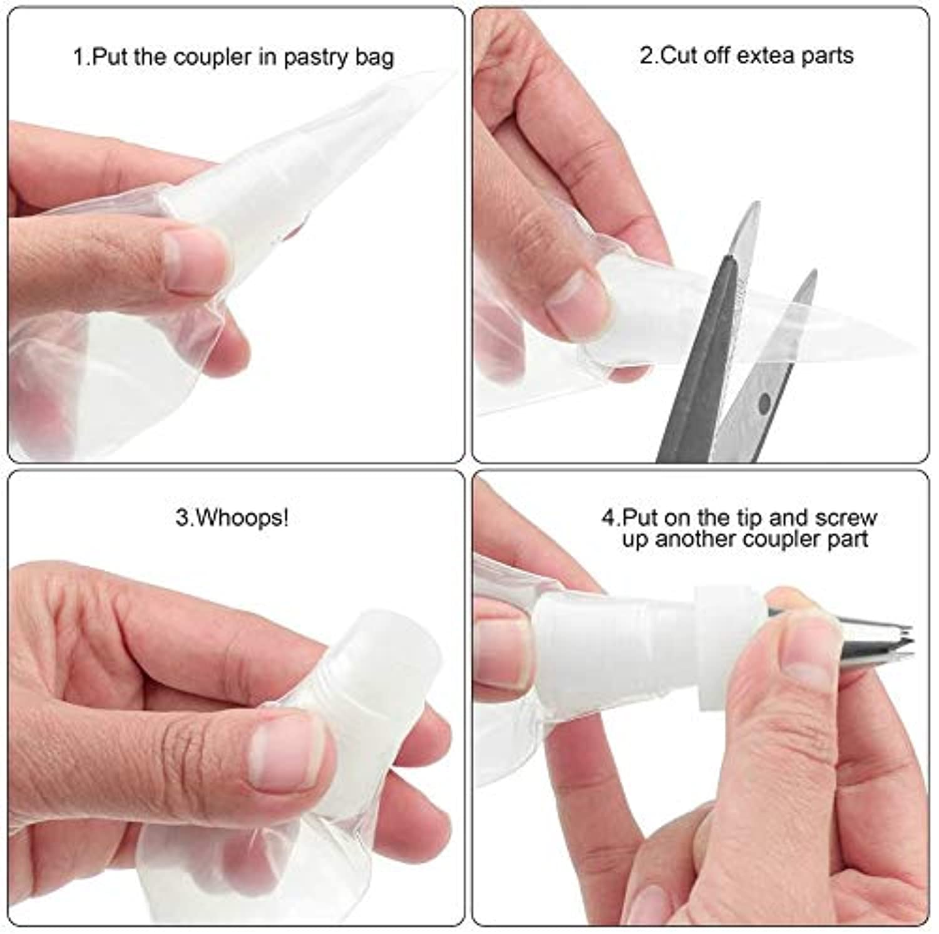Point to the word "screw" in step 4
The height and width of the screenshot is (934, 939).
846,518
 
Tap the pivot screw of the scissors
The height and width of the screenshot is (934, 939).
764,403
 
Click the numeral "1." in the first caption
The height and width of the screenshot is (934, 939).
82,57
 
